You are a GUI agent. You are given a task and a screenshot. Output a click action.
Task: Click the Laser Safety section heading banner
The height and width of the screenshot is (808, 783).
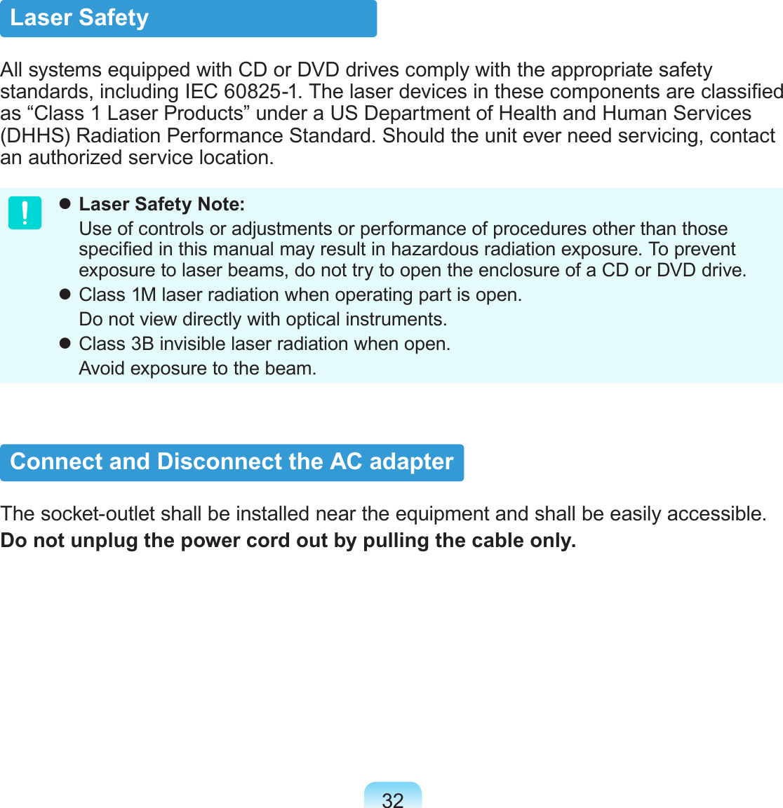click(188, 18)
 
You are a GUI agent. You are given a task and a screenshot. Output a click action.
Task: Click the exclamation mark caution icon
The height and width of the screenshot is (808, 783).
click(25, 213)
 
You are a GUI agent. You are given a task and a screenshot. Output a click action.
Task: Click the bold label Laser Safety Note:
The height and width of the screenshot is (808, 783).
click(162, 204)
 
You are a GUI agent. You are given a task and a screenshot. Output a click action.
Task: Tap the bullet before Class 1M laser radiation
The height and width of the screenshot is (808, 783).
click(65, 295)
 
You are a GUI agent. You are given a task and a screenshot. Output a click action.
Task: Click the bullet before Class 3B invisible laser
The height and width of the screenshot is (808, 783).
click(65, 344)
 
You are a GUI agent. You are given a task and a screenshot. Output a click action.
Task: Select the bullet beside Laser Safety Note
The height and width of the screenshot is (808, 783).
click(65, 204)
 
